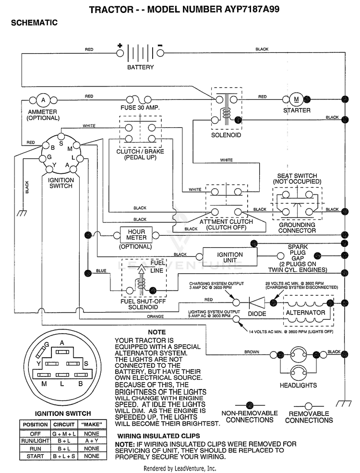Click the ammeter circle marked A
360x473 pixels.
(43, 100)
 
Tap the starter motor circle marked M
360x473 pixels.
(296, 99)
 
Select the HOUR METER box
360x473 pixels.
(136, 235)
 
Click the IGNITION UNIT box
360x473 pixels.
(230, 257)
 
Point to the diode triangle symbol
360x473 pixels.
(257, 302)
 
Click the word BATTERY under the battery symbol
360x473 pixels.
(141, 67)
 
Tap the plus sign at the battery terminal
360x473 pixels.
(120, 46)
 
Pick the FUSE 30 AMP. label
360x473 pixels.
(140, 108)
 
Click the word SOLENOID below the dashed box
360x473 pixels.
(226, 135)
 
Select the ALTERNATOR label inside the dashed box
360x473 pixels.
(305, 313)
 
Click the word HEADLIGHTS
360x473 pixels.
(298, 385)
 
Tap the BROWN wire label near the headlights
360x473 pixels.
(252, 352)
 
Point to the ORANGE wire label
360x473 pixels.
(155, 316)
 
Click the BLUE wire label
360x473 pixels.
(101, 270)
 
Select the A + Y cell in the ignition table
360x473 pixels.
(92, 441)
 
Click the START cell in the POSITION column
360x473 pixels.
(35, 456)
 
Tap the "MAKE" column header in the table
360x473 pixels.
(92, 424)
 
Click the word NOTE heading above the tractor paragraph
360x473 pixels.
(157, 332)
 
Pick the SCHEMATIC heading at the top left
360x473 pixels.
(34, 23)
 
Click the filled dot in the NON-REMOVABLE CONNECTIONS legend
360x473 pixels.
(249, 405)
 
